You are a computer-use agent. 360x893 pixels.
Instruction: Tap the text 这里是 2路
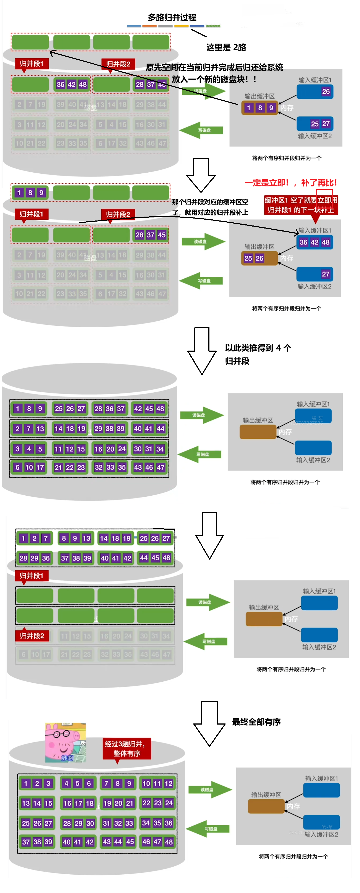coord(226,47)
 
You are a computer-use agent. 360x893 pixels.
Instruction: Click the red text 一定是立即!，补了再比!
coord(290,183)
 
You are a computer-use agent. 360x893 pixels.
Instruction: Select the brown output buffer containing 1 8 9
coord(259,108)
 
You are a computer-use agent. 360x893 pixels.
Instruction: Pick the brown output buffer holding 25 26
coord(259,258)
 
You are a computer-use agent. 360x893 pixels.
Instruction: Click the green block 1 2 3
coord(37,784)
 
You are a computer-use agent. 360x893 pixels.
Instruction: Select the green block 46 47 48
coord(157,842)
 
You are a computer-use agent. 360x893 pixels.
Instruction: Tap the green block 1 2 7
coord(34,538)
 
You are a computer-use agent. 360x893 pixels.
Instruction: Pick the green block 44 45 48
coord(155,558)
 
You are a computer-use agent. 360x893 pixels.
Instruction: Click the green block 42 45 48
coord(149,409)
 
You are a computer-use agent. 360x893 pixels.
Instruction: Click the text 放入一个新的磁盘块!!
coord(214,79)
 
